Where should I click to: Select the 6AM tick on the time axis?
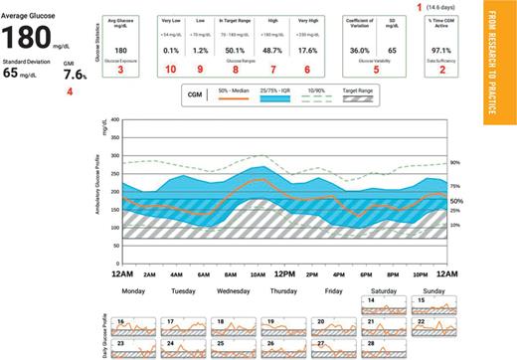(204, 273)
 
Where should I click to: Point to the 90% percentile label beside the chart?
(454, 163)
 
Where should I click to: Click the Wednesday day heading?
(233, 292)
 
